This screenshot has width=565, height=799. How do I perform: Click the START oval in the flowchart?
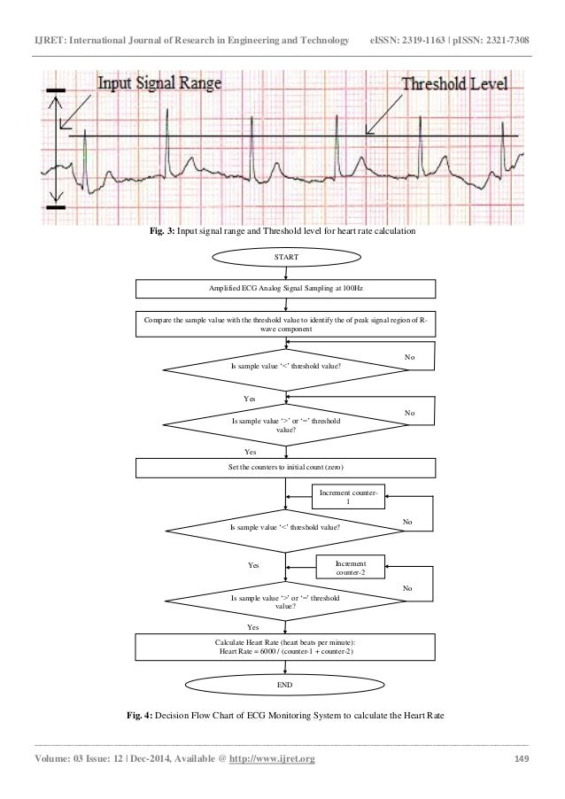284,258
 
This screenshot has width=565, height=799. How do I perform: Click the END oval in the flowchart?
284,686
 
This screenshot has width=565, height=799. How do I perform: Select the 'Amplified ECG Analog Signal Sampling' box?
284,289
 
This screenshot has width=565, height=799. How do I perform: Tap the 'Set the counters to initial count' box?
284,466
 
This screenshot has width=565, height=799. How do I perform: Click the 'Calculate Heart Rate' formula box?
284,648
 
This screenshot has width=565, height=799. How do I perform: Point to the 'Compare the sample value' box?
284,326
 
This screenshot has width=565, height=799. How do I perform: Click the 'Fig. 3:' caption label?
160,232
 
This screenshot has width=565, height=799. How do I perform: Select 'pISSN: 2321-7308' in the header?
505,17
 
